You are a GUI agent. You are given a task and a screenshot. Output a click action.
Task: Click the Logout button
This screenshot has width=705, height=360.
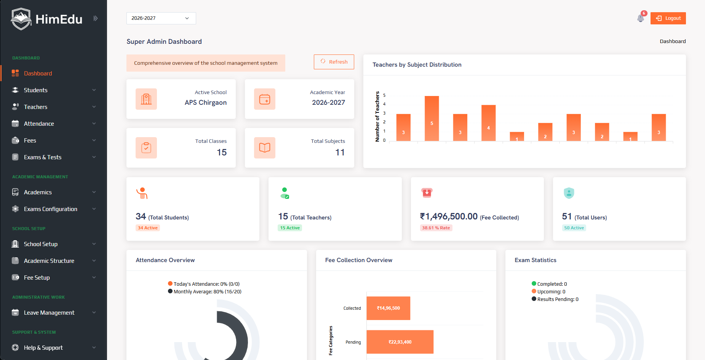tap(668, 18)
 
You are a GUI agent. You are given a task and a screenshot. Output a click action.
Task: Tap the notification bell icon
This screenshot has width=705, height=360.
tap(641, 18)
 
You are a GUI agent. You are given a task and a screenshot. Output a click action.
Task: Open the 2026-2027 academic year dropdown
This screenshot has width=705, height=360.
tap(161, 18)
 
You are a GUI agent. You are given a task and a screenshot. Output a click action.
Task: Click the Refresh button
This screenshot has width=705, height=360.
tap(334, 62)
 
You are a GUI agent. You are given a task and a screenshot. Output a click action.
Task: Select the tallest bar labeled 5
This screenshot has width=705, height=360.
tap(432, 118)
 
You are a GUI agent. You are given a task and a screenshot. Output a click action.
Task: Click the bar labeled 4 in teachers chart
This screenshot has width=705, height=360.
tap(488, 123)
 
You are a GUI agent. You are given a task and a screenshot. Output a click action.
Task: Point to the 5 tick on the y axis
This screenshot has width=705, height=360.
tap(384, 95)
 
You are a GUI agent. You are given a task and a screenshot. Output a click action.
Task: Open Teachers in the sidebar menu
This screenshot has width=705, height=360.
tap(36, 107)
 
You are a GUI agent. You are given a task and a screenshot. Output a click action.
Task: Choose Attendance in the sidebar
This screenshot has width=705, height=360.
tap(39, 124)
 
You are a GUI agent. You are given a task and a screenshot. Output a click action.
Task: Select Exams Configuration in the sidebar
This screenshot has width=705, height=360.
tap(50, 209)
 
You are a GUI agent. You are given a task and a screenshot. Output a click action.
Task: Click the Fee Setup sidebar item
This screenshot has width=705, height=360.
tap(37, 278)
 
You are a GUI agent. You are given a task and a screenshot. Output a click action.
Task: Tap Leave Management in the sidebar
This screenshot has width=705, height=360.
tap(49, 313)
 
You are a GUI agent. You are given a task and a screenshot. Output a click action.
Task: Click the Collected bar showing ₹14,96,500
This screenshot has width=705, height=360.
tap(388, 308)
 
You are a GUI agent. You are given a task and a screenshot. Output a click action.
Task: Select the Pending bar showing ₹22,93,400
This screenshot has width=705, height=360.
tap(400, 342)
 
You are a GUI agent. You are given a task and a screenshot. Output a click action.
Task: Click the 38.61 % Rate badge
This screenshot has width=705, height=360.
tap(436, 228)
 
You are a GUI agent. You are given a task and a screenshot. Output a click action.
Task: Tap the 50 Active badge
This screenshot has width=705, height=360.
tap(574, 228)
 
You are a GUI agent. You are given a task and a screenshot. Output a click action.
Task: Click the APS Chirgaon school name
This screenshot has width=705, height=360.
tap(206, 102)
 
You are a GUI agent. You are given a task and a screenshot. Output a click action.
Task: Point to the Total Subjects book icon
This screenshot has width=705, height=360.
tap(265, 148)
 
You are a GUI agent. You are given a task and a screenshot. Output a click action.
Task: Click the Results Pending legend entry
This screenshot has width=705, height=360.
tap(557, 299)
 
